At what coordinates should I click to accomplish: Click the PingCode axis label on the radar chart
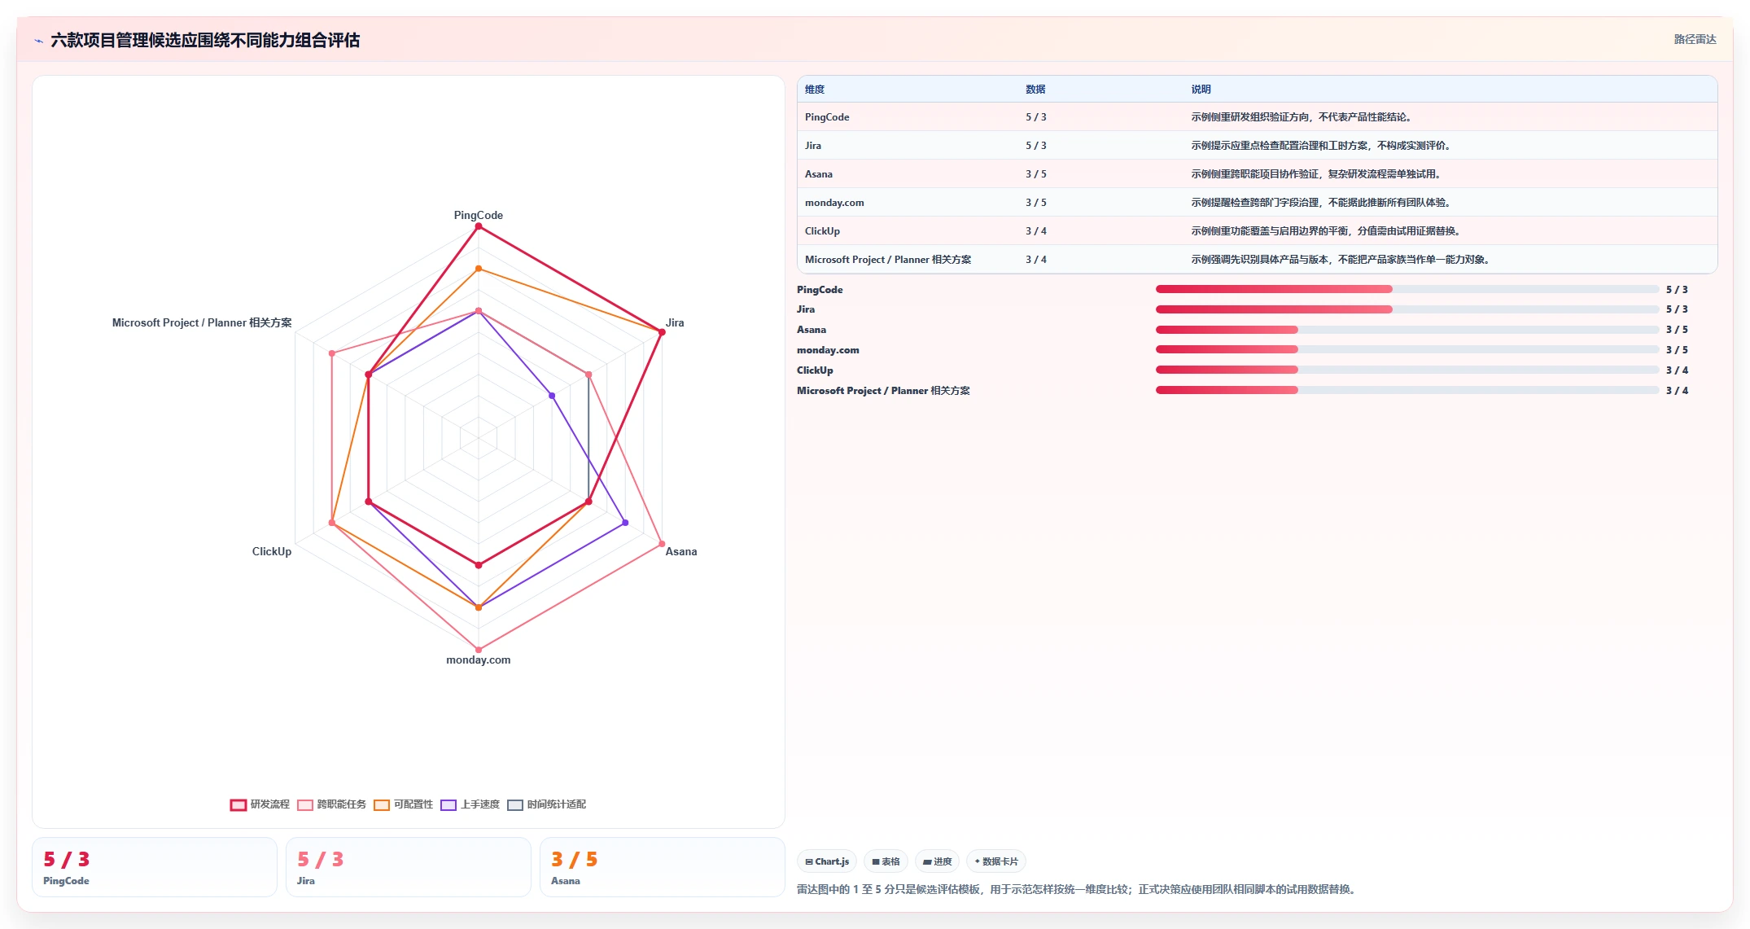pos(478,215)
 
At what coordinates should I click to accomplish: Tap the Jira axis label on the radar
pos(675,322)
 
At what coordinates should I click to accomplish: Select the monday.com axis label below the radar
pos(478,660)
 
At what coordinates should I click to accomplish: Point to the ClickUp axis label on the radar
pos(271,551)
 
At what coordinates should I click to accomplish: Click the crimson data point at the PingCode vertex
pos(479,227)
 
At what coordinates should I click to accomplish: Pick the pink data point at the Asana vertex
pos(662,544)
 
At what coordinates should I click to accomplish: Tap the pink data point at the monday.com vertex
pos(479,650)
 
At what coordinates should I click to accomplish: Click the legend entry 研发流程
pos(260,804)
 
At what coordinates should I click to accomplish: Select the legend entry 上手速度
pos(470,804)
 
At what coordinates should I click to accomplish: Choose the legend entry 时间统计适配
pos(546,804)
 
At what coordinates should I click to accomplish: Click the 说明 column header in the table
pos(1201,90)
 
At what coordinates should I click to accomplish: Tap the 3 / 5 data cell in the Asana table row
pos(1036,174)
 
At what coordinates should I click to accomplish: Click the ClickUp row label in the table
pos(822,231)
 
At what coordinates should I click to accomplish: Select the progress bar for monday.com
pos(1407,349)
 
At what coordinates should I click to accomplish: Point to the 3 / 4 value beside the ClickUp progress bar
pos(1677,370)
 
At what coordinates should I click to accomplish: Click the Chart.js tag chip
pos(827,861)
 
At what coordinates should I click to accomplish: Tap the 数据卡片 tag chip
pos(995,861)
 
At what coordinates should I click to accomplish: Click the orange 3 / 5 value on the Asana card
pos(574,859)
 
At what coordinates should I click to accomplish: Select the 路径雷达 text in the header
pos(1695,39)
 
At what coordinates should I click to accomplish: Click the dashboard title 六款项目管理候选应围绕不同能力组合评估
pos(205,40)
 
